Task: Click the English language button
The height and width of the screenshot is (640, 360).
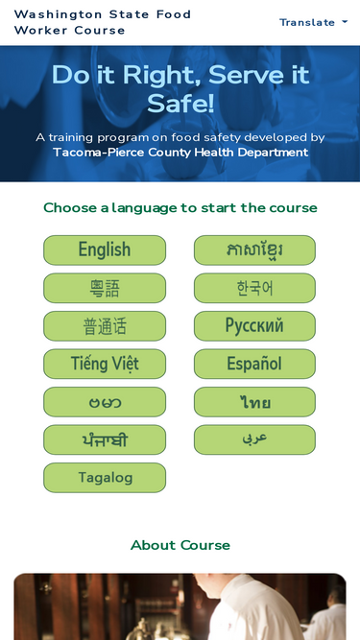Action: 105,250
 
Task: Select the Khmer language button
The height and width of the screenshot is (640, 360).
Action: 254,250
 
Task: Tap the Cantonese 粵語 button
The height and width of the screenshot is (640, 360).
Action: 105,288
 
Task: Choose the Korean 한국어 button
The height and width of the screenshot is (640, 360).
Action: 254,288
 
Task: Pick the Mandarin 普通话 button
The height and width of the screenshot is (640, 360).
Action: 105,326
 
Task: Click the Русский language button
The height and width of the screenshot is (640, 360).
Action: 254,326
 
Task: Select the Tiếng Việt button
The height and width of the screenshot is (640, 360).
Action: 105,364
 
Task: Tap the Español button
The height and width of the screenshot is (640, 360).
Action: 254,364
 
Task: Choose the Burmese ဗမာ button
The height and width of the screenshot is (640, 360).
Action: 105,402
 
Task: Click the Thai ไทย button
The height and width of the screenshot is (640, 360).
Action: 254,402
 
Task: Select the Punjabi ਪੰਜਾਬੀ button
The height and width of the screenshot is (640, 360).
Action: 105,439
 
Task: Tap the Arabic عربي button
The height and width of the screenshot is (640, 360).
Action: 254,439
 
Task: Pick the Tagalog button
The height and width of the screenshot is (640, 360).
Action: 105,478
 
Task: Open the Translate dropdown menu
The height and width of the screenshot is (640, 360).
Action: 314,22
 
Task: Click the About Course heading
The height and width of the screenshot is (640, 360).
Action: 180,545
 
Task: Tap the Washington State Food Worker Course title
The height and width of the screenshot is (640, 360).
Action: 103,22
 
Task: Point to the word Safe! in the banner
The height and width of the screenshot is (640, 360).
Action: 180,104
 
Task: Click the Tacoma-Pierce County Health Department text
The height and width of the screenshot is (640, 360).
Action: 180,153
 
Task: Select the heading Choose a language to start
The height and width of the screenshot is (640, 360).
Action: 180,208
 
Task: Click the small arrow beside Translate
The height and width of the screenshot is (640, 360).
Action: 345,22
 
